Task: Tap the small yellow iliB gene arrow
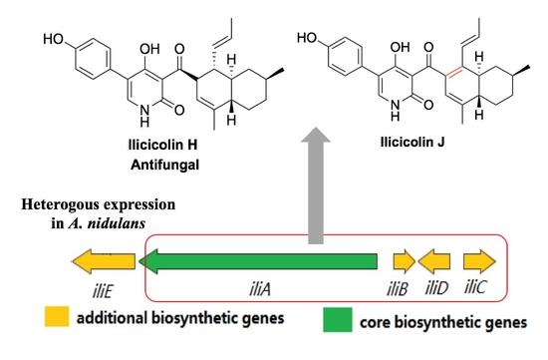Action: pyautogui.click(x=404, y=262)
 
